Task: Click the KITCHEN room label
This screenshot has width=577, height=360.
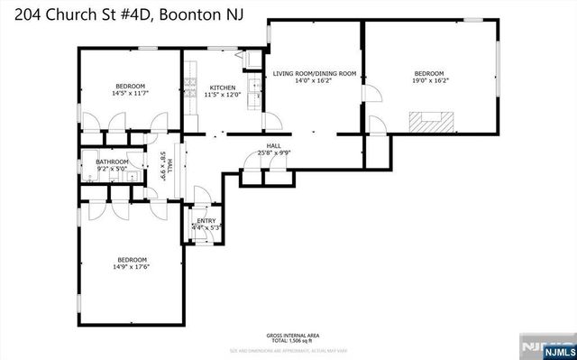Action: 222,88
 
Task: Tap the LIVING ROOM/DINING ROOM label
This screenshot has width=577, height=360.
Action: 315,73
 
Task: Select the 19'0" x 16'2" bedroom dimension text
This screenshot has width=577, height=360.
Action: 429,80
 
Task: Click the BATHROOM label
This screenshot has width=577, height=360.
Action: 113,162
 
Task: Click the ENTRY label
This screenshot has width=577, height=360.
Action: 206,220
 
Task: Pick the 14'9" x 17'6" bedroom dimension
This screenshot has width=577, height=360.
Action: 131,266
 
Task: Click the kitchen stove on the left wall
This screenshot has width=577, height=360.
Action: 189,88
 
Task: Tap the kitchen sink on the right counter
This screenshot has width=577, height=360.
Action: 256,89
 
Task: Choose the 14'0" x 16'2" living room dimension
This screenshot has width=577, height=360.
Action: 315,80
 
